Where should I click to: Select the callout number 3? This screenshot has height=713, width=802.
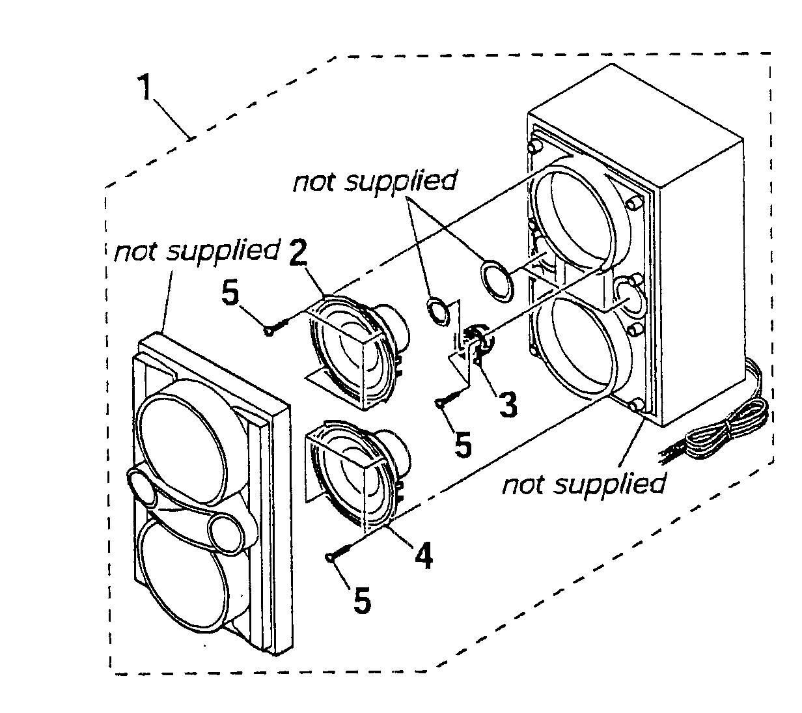pyautogui.click(x=507, y=404)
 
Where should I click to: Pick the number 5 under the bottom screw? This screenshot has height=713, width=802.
pyautogui.click(x=361, y=600)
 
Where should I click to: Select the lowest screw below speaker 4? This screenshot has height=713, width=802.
pyautogui.click(x=339, y=550)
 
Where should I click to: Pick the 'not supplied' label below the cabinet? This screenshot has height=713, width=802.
pyautogui.click(x=584, y=483)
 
